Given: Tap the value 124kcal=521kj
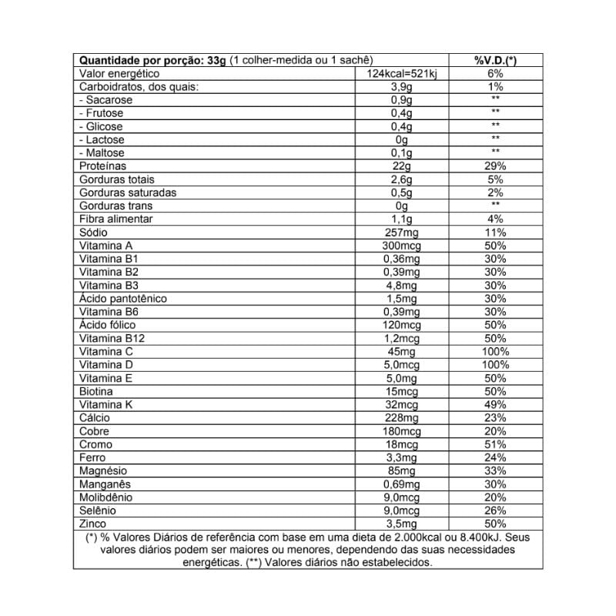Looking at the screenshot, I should [401, 73].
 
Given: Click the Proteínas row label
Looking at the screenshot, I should [103, 166].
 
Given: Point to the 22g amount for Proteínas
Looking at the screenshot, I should [401, 166].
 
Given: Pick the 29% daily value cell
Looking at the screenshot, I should [495, 166].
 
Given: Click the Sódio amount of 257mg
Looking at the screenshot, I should [401, 233].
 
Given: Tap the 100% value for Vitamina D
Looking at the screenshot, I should [495, 365].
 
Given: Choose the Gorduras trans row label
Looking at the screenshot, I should [116, 206].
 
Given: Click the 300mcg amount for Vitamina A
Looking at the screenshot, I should [401, 246].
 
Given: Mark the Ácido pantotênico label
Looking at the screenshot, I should [123, 299].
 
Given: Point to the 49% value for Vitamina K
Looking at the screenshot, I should [495, 405].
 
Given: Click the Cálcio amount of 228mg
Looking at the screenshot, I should [401, 418].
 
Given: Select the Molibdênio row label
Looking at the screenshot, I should [106, 497].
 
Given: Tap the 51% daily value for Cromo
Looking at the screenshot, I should [495, 444].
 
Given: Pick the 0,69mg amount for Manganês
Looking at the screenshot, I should [401, 484].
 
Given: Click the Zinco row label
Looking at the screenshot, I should [93, 524].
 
